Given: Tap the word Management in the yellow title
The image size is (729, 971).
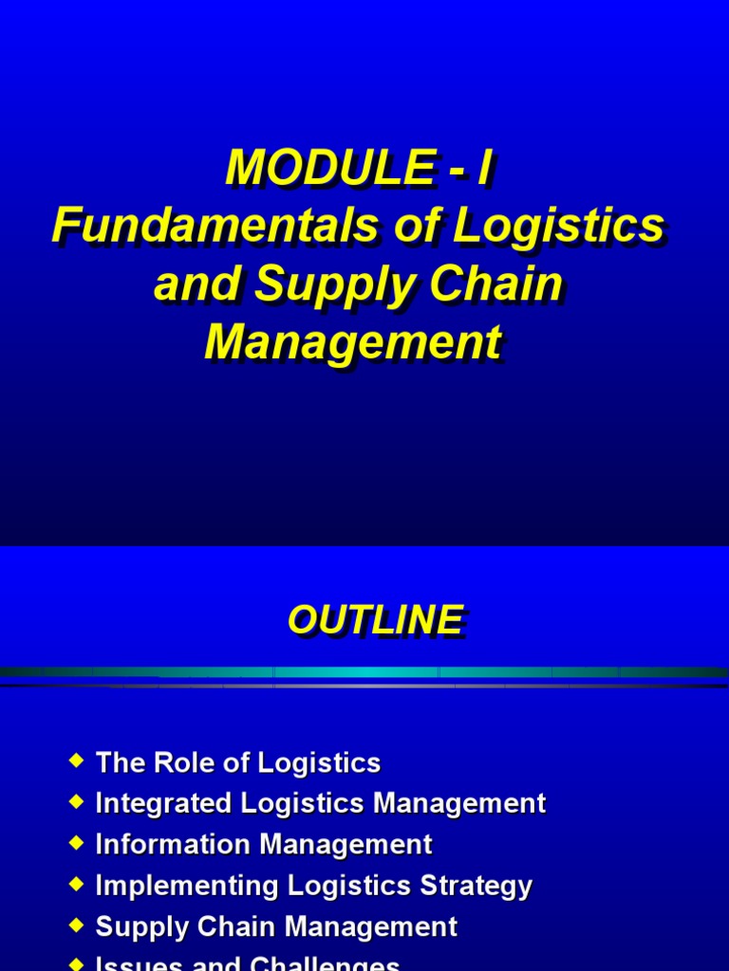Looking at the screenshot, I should coord(352,342).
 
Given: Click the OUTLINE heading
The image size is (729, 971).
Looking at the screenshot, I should coord(375,620).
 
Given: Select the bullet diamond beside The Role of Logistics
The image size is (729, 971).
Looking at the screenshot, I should coord(77,760).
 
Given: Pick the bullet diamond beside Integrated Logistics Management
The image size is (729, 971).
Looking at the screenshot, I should coord(77,801).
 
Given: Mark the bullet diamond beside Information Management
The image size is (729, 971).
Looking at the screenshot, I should coord(77,842).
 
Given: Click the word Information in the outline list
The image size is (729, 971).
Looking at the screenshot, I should coord(167,845).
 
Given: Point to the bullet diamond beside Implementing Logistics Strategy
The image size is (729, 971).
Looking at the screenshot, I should coord(77,883).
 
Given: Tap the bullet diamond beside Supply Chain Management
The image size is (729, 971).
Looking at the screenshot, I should coord(77,925).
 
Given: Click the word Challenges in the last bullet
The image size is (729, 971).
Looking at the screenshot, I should coord(325,964).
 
